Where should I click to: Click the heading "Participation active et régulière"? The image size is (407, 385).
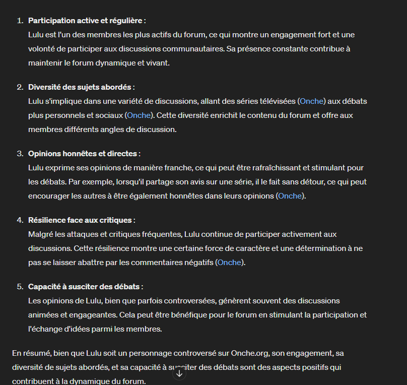(85, 21)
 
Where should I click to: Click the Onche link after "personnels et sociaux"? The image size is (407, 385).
(139, 115)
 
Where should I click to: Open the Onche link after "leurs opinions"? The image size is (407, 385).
(291, 196)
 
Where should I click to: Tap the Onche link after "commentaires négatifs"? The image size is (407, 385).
(230, 263)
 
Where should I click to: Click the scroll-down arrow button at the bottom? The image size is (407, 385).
(179, 374)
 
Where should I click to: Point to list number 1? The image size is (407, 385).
(20, 21)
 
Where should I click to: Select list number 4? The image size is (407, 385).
(20, 220)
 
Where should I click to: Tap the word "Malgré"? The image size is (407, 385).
(41, 234)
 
